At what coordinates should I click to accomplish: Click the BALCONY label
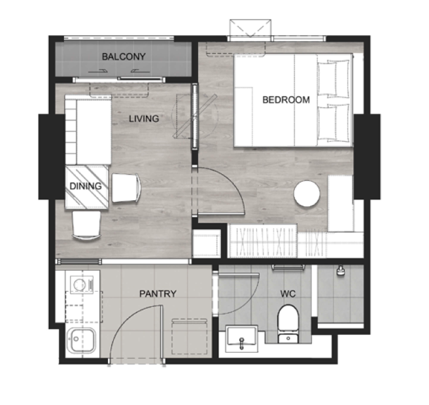pyautogui.click(x=124, y=57)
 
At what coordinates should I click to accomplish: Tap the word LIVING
pyautogui.click(x=144, y=118)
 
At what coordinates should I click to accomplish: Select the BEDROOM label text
pyautogui.click(x=286, y=99)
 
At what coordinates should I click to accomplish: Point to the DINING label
pyautogui.click(x=86, y=186)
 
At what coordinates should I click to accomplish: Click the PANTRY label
pyautogui.click(x=158, y=294)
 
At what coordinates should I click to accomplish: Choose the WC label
pyautogui.click(x=288, y=294)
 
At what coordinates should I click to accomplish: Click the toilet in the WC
pyautogui.click(x=288, y=324)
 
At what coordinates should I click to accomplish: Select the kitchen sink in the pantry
pyautogui.click(x=81, y=340)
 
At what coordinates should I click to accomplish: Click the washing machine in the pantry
pyautogui.click(x=82, y=284)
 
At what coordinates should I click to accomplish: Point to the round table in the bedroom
pyautogui.click(x=307, y=194)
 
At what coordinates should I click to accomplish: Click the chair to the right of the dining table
pyautogui.click(x=126, y=188)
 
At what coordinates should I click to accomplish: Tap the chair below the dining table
pyautogui.click(x=86, y=226)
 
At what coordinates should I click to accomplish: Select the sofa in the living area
pyautogui.click(x=88, y=130)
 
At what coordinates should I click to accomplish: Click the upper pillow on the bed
pyautogui.click(x=334, y=78)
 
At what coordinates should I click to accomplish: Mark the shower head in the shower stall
pyautogui.click(x=341, y=270)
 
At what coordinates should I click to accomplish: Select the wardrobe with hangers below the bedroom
pyautogui.click(x=277, y=241)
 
